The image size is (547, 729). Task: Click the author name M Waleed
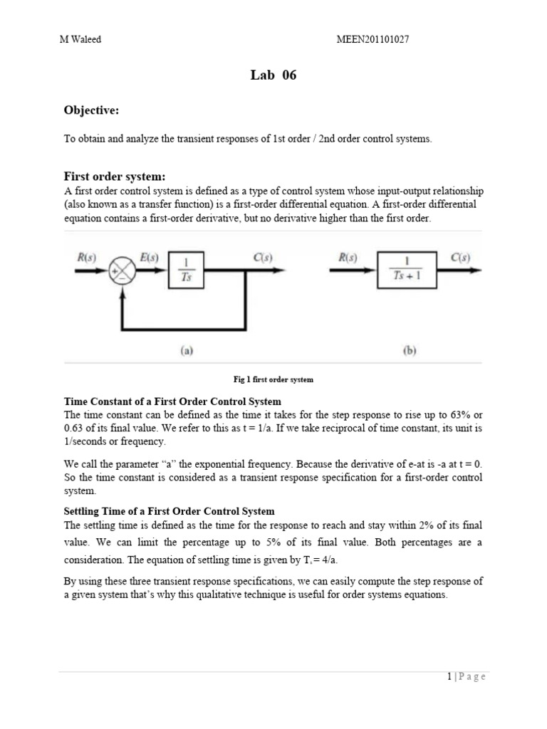80,40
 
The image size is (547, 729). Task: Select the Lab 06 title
273,76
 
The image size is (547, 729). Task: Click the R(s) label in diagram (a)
88,256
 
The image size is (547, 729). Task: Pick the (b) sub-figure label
409,350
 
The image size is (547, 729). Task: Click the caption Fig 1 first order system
273,379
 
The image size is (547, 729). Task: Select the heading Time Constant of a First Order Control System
172,402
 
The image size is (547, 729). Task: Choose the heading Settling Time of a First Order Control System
169,512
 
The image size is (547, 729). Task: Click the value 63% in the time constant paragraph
460,415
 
